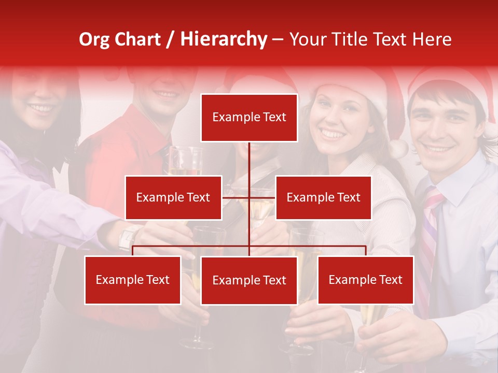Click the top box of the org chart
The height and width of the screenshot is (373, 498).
click(x=249, y=118)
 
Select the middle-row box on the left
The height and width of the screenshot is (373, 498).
click(x=173, y=197)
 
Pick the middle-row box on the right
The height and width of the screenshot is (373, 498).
click(x=323, y=197)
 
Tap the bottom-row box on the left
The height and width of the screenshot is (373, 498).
click(x=133, y=280)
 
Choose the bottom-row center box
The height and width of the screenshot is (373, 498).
click(x=249, y=280)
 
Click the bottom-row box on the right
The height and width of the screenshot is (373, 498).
click(x=365, y=280)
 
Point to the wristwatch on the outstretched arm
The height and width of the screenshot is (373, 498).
click(x=128, y=238)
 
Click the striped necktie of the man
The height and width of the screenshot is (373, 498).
click(x=430, y=228)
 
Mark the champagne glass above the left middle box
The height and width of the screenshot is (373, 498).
click(x=185, y=161)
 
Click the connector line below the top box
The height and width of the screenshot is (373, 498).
click(x=249, y=161)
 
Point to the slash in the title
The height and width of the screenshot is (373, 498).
click(x=170, y=40)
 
